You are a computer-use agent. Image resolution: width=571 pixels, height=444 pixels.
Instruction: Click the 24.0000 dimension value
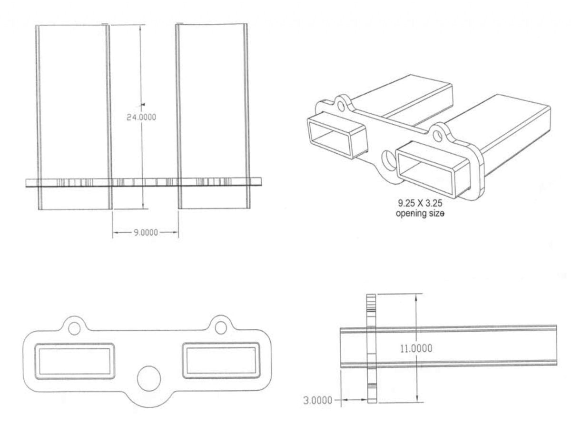pyautogui.click(x=141, y=117)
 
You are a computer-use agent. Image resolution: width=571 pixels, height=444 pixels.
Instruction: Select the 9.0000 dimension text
pyautogui.click(x=146, y=233)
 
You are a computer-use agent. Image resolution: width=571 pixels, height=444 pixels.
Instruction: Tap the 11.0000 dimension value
pyautogui.click(x=416, y=348)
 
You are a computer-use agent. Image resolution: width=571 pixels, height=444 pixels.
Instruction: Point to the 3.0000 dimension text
pyautogui.click(x=318, y=401)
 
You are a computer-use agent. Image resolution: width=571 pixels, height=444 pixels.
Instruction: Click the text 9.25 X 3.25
pyautogui.click(x=420, y=203)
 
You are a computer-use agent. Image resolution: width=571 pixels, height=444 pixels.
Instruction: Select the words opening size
pyautogui.click(x=420, y=213)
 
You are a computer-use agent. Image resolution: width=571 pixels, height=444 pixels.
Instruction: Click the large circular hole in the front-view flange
pyautogui.click(x=149, y=378)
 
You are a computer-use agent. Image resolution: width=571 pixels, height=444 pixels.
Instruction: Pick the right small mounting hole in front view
pyautogui.click(x=221, y=327)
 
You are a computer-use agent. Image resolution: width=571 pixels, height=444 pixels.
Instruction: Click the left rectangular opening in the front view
pyautogui.click(x=75, y=361)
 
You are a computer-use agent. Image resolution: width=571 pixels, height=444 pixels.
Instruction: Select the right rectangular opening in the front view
pyautogui.click(x=221, y=360)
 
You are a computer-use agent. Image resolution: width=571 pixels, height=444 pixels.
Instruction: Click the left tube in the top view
pyautogui.click(x=74, y=117)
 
